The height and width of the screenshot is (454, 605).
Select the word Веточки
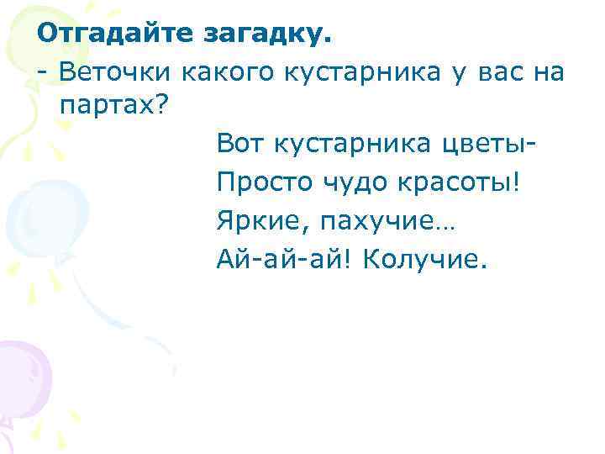coord(116,72)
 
